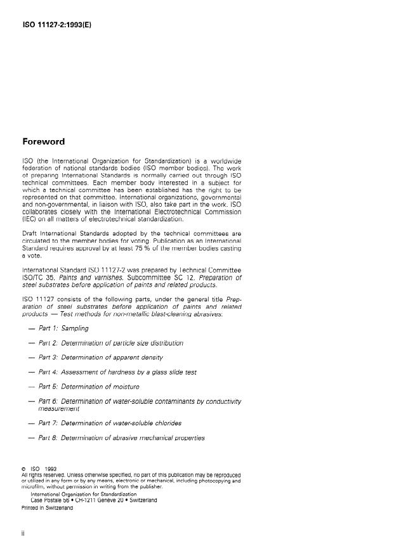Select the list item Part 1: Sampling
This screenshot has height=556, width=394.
(x=63, y=328)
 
